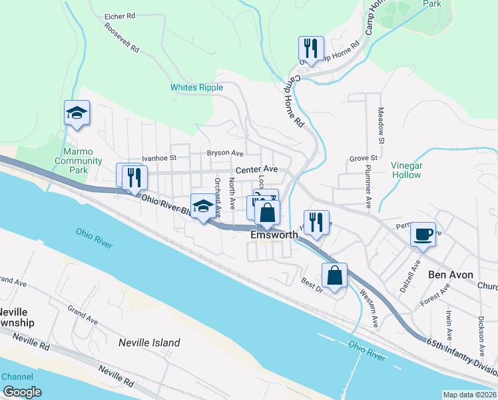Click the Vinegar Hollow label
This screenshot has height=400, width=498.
[x=406, y=170]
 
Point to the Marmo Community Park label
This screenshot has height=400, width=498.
[x=79, y=161]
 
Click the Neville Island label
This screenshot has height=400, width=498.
[x=149, y=343]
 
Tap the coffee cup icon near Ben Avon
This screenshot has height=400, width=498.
[x=423, y=234]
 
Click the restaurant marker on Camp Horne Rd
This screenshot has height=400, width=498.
[x=311, y=48]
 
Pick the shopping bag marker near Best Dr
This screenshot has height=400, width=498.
[x=334, y=275]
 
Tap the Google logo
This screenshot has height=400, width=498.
[x=22, y=392]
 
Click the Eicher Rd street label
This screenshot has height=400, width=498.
[x=120, y=15]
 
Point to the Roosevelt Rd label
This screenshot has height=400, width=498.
[x=121, y=39]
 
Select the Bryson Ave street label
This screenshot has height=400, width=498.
[x=226, y=153]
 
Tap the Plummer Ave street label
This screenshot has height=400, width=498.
[x=368, y=183]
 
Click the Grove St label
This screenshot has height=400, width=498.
[x=364, y=158]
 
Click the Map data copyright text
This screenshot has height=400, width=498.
[x=470, y=394]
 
